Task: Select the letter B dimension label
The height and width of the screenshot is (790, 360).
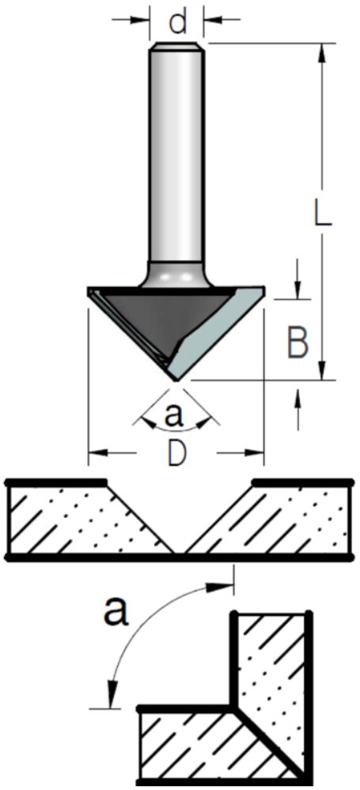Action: click(298, 342)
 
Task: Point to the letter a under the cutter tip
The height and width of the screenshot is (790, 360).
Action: click(172, 414)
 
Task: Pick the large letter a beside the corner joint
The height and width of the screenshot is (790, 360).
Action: click(116, 610)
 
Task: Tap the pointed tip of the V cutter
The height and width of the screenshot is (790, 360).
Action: click(175, 381)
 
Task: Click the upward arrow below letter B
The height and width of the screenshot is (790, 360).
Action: click(297, 409)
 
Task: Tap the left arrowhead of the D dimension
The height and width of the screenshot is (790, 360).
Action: click(98, 453)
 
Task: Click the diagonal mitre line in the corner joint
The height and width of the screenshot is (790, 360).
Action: click(270, 743)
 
